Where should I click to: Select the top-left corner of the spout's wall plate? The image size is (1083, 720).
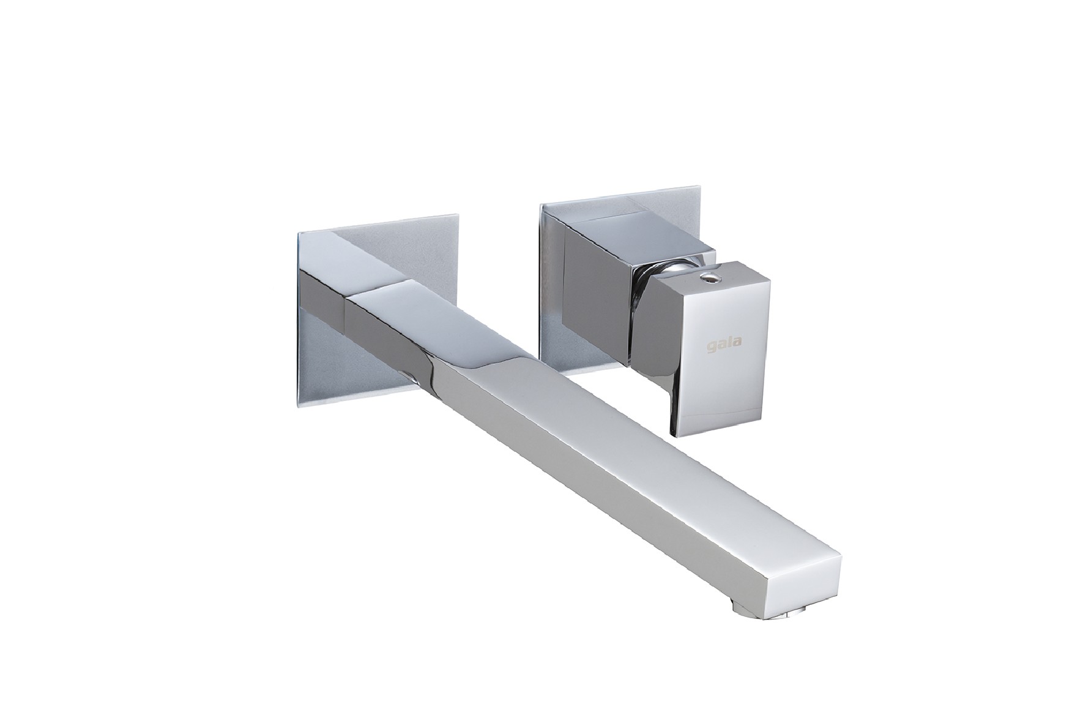point(296,232)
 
